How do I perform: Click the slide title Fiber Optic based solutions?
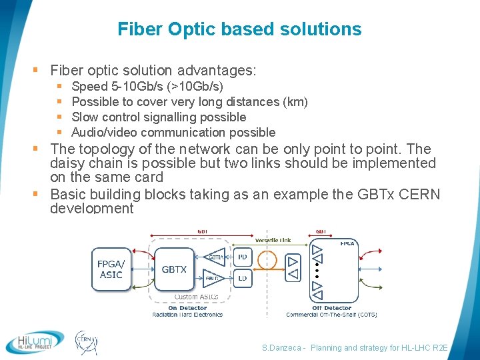click(239, 29)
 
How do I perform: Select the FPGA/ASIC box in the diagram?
click(111, 269)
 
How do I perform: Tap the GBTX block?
click(174, 269)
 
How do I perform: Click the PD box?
click(242, 257)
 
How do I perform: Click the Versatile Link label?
click(273, 239)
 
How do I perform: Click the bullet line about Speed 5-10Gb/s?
click(147, 87)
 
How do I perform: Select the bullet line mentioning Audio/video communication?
click(173, 132)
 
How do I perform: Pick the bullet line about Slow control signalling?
click(159, 117)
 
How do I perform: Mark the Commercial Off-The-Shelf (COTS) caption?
click(331, 315)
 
